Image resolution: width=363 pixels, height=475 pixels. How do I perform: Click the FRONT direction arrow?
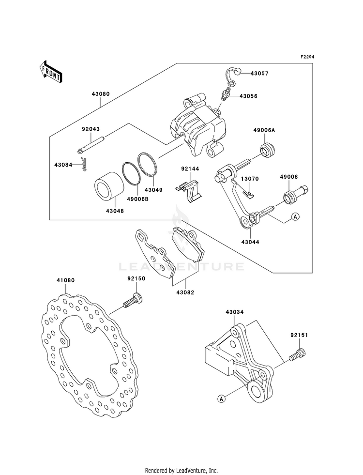pyautogui.click(x=51, y=72)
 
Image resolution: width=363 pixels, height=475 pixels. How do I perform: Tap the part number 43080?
pyautogui.click(x=101, y=94)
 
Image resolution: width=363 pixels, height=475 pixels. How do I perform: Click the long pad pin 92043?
pyautogui.click(x=91, y=144)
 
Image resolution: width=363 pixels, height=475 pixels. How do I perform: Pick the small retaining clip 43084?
pyautogui.click(x=84, y=165)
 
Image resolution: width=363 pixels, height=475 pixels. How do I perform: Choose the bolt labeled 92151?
pyautogui.click(x=298, y=354)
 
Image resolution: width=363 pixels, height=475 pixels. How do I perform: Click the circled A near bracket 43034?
pyautogui.click(x=221, y=399)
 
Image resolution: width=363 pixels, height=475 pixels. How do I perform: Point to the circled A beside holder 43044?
pyautogui.click(x=295, y=216)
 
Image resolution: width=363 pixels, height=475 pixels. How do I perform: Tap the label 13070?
pyautogui.click(x=250, y=179)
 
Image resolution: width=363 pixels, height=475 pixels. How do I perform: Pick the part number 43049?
pyautogui.click(x=153, y=190)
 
